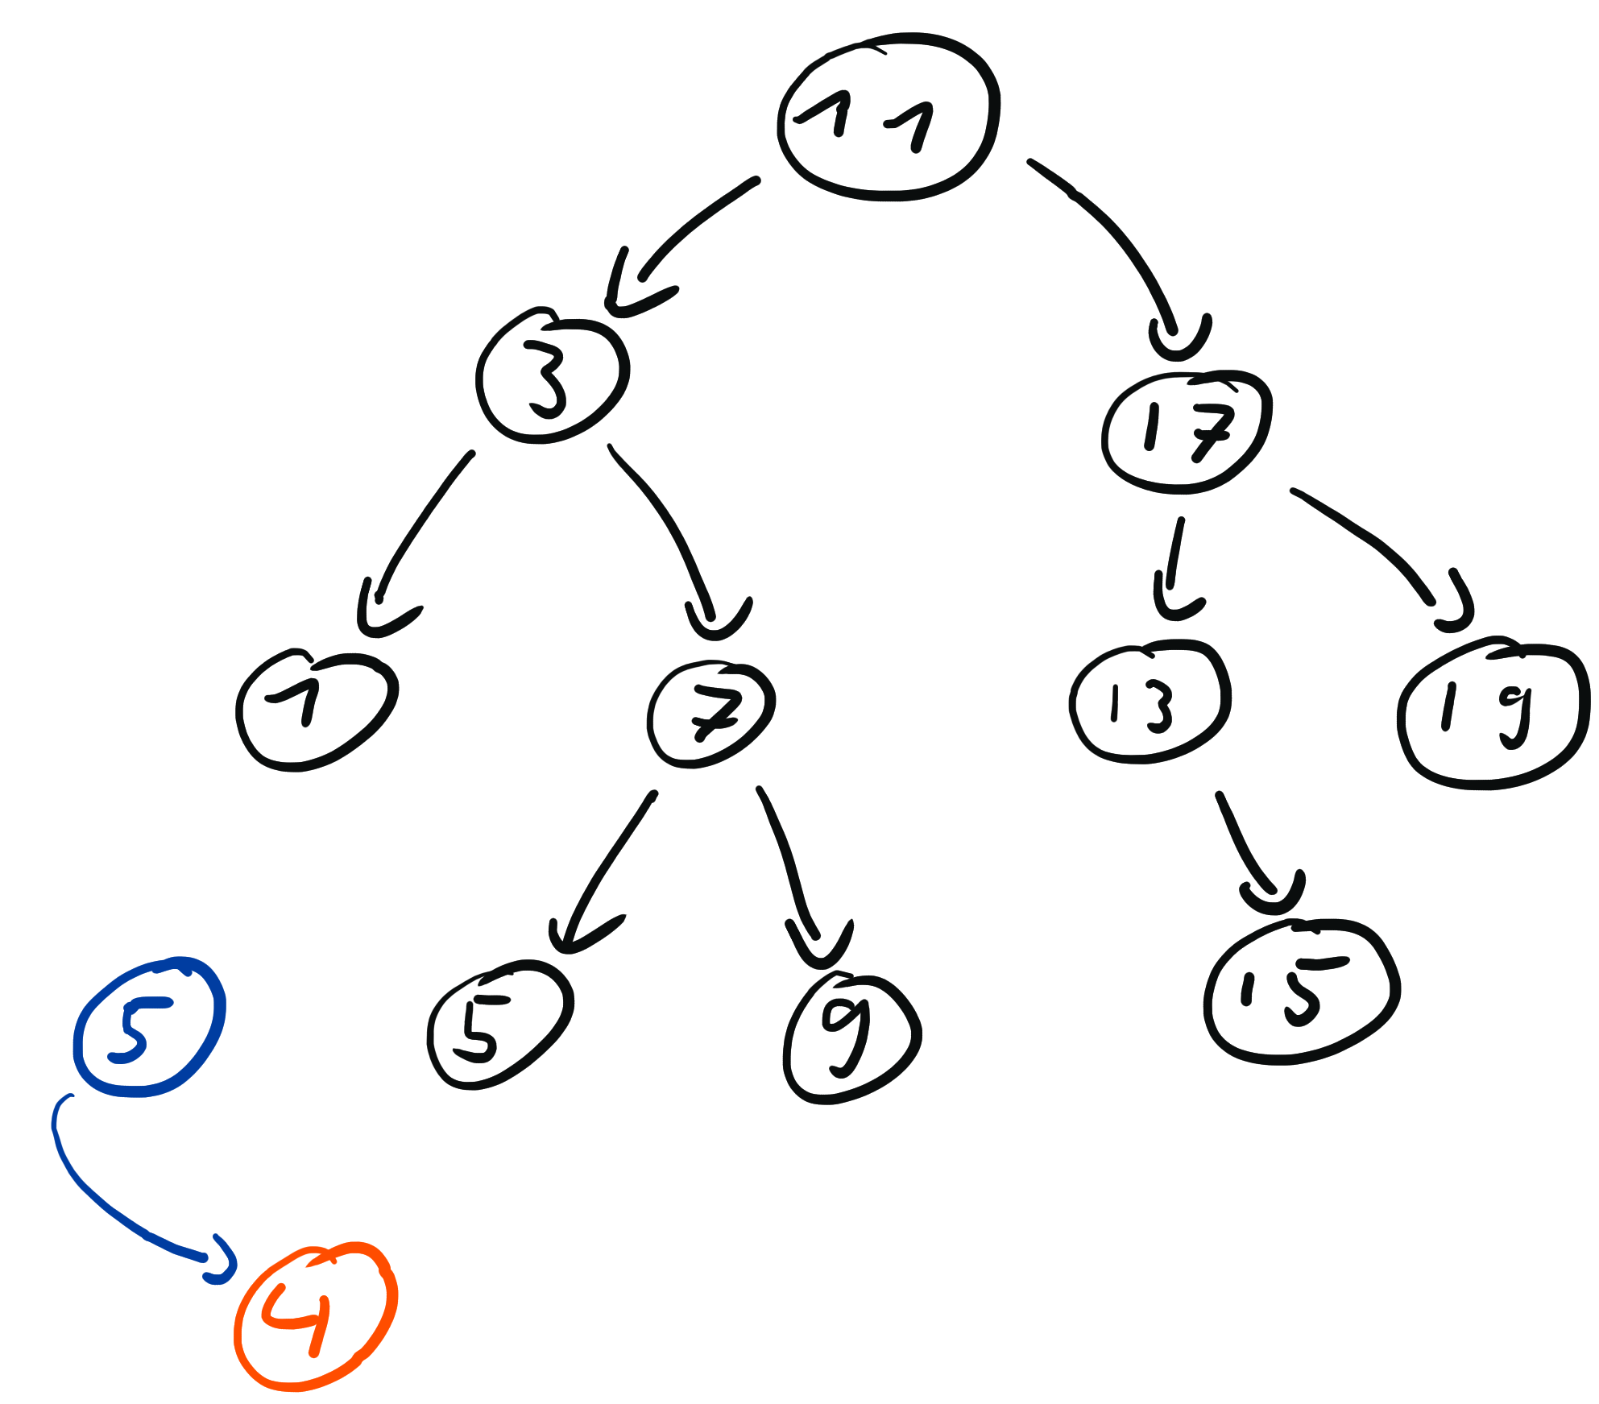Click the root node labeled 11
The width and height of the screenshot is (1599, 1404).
889,117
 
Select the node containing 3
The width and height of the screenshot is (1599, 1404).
553,375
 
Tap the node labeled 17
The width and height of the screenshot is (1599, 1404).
1187,433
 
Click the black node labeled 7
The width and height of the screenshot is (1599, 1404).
711,715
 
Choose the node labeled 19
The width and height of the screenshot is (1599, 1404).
1493,714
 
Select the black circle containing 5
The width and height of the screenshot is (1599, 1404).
499,1025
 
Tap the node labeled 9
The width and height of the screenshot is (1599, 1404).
852,1039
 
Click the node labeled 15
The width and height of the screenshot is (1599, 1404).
1302,992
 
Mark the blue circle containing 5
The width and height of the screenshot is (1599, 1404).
149,1027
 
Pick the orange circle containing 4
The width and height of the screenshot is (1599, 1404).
316,1317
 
